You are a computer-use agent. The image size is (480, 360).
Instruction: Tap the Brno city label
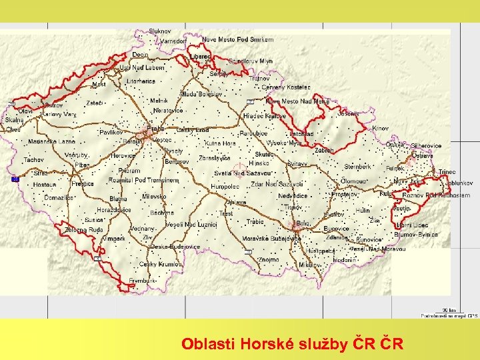[x=304, y=223]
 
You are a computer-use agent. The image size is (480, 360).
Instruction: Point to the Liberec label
[x=199, y=57]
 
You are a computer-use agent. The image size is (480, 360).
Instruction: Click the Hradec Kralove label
[x=265, y=115]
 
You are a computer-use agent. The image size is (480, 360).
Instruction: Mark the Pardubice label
[x=253, y=133]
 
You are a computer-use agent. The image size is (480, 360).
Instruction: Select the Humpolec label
[x=225, y=187]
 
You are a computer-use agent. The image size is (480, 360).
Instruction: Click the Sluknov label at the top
[x=160, y=31]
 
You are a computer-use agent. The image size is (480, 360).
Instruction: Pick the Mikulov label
[x=309, y=265]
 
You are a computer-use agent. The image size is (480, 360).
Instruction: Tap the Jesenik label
[x=348, y=113]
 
